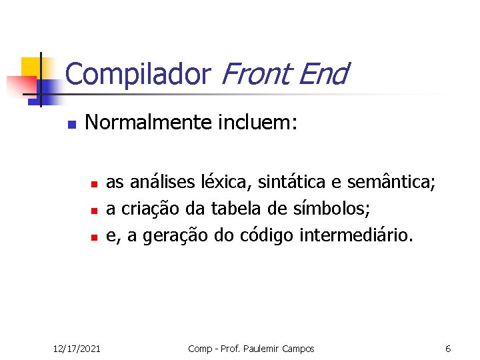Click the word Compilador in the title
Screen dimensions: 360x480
(137, 75)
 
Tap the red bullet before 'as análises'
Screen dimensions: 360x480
(95, 183)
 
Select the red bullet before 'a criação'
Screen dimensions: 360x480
(95, 210)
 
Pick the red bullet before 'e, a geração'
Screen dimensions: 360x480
(95, 237)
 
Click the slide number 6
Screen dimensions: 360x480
(448, 348)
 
